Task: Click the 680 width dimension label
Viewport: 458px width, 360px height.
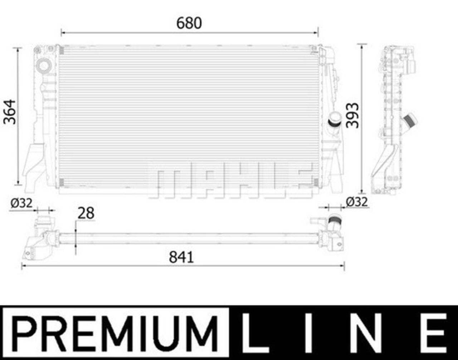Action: pyautogui.click(x=189, y=23)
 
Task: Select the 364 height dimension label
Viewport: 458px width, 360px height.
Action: pyautogui.click(x=10, y=112)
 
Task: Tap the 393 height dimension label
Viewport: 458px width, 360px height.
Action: pyautogui.click(x=353, y=115)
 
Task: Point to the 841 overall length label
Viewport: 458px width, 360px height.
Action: pyautogui.click(x=181, y=257)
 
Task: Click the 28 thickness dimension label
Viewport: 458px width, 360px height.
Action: pyautogui.click(x=86, y=213)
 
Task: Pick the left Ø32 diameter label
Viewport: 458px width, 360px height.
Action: pyautogui.click(x=21, y=203)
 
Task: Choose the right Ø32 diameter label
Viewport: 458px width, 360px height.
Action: pyautogui.click(x=357, y=202)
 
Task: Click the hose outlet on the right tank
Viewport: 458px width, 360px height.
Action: pyautogui.click(x=336, y=119)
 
